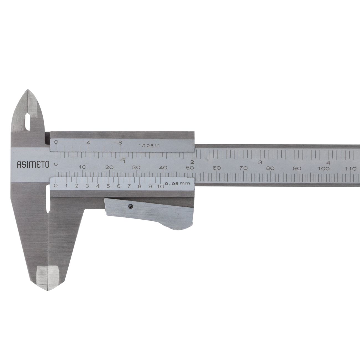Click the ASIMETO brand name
pyautogui.click(x=33, y=164)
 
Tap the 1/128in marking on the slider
pyautogui.click(x=149, y=145)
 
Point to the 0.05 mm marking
pyautogui.click(x=177, y=183)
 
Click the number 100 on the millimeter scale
pyautogui.click(x=324, y=169)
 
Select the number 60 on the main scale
pyautogui.click(x=217, y=168)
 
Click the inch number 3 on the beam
pyautogui.click(x=260, y=162)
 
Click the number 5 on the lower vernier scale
pyautogui.click(x=108, y=186)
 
